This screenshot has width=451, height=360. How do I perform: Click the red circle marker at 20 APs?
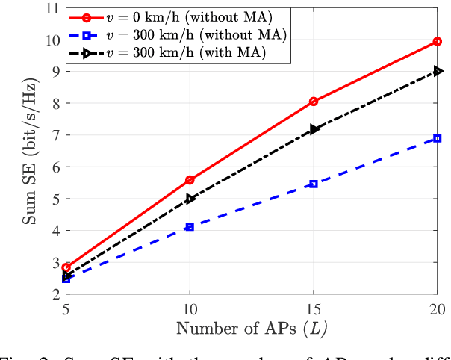[x=437, y=42]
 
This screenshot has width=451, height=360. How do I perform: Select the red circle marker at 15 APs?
[x=314, y=102]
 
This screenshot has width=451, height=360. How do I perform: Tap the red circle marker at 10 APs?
[x=190, y=180]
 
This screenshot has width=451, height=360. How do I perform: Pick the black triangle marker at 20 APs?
[x=438, y=72]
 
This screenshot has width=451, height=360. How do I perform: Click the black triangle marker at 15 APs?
[x=314, y=129]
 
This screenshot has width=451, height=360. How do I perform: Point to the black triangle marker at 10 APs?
[x=190, y=199]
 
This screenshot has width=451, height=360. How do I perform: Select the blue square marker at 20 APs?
[x=437, y=138]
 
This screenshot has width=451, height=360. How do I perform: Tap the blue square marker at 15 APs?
[x=314, y=184]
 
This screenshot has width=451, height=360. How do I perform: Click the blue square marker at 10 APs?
[x=190, y=226]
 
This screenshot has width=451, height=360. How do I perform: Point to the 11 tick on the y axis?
[x=52, y=9]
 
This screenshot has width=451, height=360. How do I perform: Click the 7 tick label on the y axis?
[x=55, y=136]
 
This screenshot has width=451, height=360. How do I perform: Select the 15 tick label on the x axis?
[x=314, y=308]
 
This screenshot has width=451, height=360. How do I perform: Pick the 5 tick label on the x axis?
[x=66, y=308]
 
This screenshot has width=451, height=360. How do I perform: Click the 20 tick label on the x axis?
[x=437, y=308]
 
